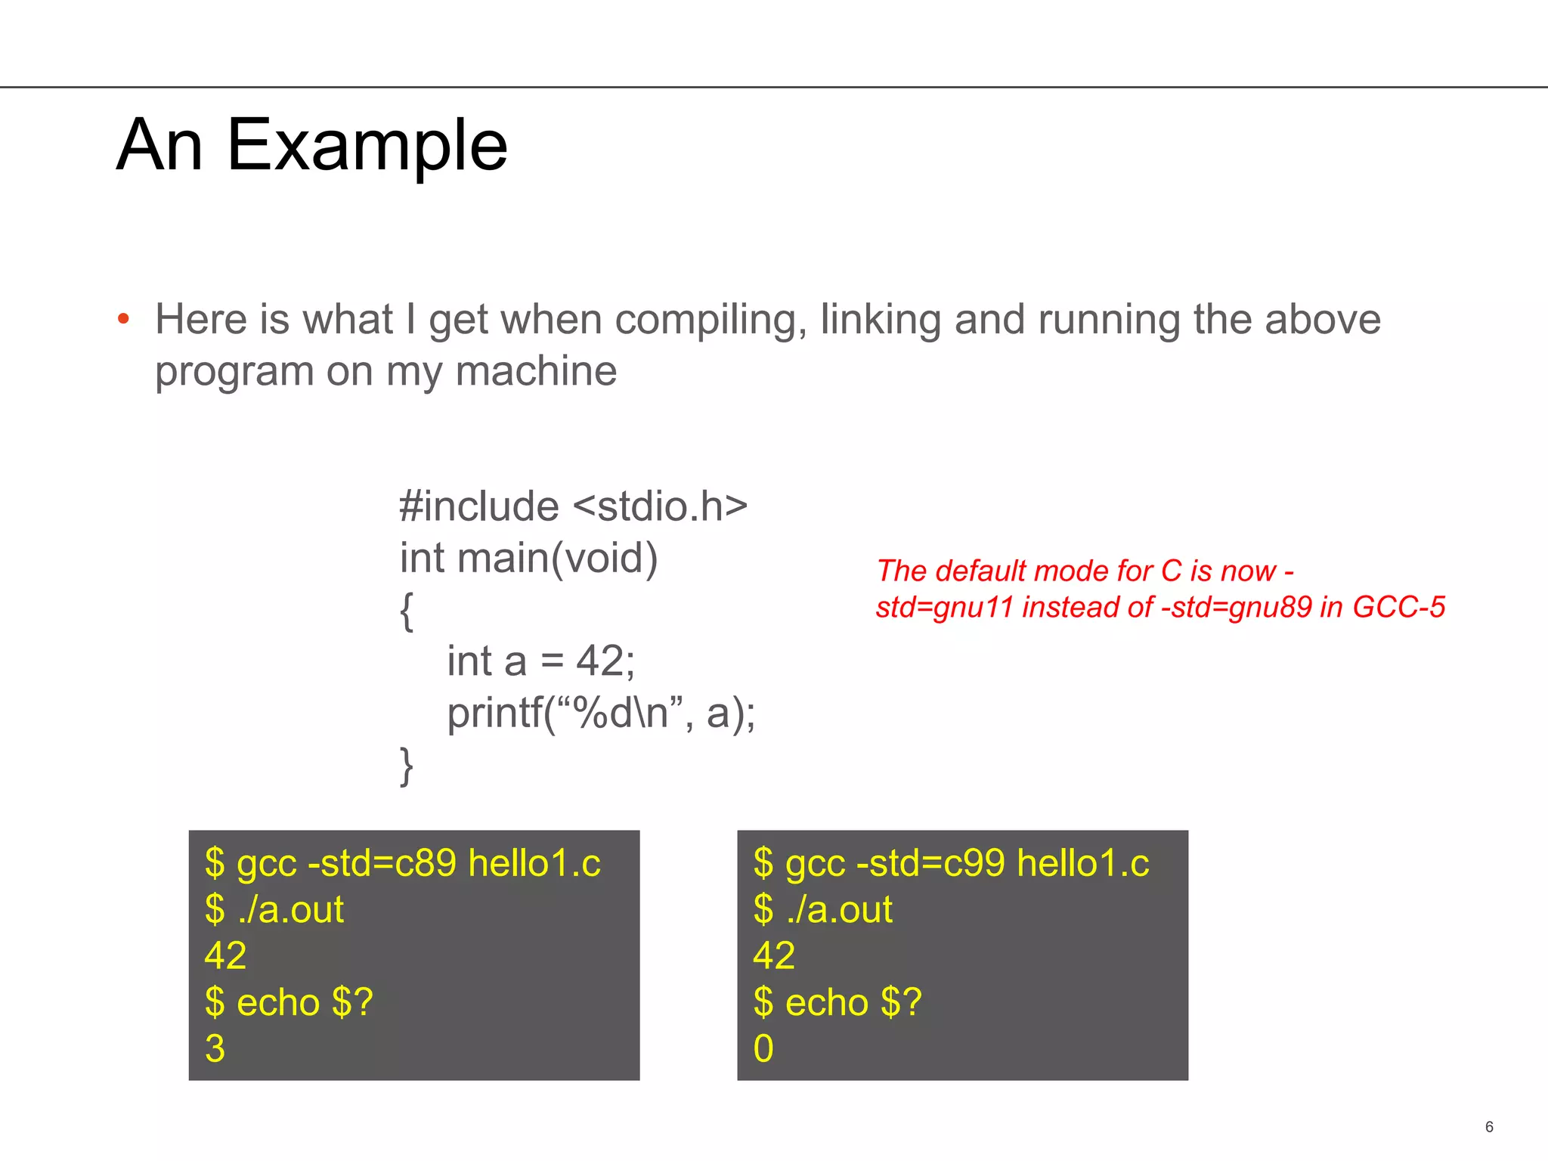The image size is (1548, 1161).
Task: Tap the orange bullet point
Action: (x=124, y=319)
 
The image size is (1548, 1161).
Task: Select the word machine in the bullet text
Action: (x=536, y=371)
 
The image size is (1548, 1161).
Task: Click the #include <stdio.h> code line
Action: (x=573, y=506)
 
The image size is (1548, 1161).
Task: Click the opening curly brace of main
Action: (x=407, y=611)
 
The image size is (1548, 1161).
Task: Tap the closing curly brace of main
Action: (x=407, y=766)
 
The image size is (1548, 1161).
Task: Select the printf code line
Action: (x=601, y=713)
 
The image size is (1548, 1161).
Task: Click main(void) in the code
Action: (x=558, y=558)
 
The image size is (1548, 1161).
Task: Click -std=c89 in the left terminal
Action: (x=382, y=862)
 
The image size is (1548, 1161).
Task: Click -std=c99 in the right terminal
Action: (x=930, y=862)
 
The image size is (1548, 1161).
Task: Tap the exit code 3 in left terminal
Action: (x=215, y=1048)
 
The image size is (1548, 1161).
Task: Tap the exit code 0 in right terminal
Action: (x=763, y=1048)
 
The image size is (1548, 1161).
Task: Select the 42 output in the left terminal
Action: (x=225, y=955)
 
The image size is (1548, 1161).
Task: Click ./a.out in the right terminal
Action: (x=839, y=909)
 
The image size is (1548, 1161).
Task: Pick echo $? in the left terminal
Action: (x=305, y=1002)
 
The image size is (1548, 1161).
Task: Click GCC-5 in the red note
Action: (x=1398, y=607)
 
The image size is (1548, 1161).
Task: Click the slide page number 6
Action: (x=1489, y=1127)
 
